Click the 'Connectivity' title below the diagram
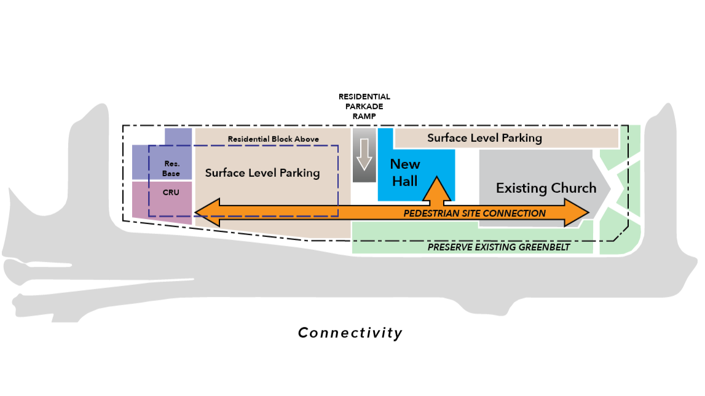tap(350, 333)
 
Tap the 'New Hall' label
tap(405, 172)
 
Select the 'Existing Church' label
tap(546, 188)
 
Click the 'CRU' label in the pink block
tap(170, 192)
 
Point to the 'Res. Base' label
tap(171, 169)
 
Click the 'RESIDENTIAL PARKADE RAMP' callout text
tap(364, 106)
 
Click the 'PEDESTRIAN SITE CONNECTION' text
tap(474, 214)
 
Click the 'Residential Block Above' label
tap(274, 139)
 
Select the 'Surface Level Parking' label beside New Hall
tap(484, 138)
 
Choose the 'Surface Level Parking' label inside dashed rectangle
tap(262, 173)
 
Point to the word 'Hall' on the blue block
tap(405, 181)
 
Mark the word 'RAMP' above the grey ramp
tap(364, 116)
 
